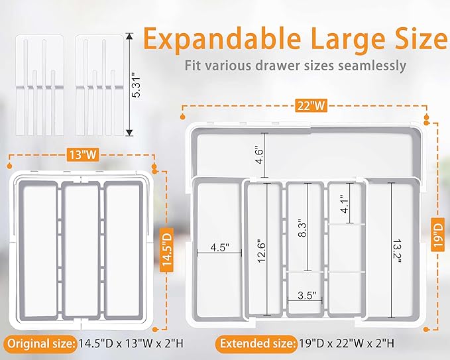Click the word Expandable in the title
222,38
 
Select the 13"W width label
83,154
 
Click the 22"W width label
311,106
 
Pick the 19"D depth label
438,235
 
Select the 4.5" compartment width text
219,247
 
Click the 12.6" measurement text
262,251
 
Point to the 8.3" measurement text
302,228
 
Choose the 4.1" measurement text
345,204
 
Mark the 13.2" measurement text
396,251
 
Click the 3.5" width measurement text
307,295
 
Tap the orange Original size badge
40,343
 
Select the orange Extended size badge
256,343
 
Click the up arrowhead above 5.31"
129,37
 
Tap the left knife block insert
40,86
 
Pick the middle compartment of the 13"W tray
81,250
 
